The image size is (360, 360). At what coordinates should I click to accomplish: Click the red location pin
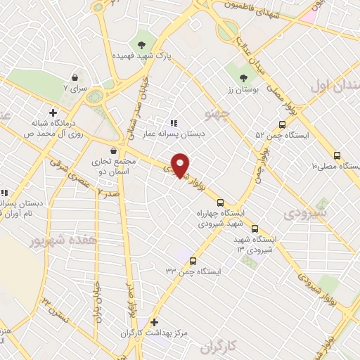coord(181,165)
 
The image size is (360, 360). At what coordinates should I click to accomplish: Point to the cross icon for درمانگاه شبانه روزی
coord(53,112)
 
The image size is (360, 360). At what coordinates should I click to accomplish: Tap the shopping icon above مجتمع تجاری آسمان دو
coord(113,150)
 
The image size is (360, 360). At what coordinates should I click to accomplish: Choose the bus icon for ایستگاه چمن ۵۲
coord(281,124)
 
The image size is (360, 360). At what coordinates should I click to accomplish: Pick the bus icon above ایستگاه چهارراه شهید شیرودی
coord(220,202)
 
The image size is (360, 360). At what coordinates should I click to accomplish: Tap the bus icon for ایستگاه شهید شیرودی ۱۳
coord(255,229)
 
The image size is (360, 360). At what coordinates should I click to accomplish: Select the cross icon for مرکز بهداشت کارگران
coord(154,322)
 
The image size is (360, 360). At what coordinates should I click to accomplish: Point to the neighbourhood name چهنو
coord(216,116)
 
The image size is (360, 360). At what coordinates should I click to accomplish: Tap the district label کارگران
coord(215,348)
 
